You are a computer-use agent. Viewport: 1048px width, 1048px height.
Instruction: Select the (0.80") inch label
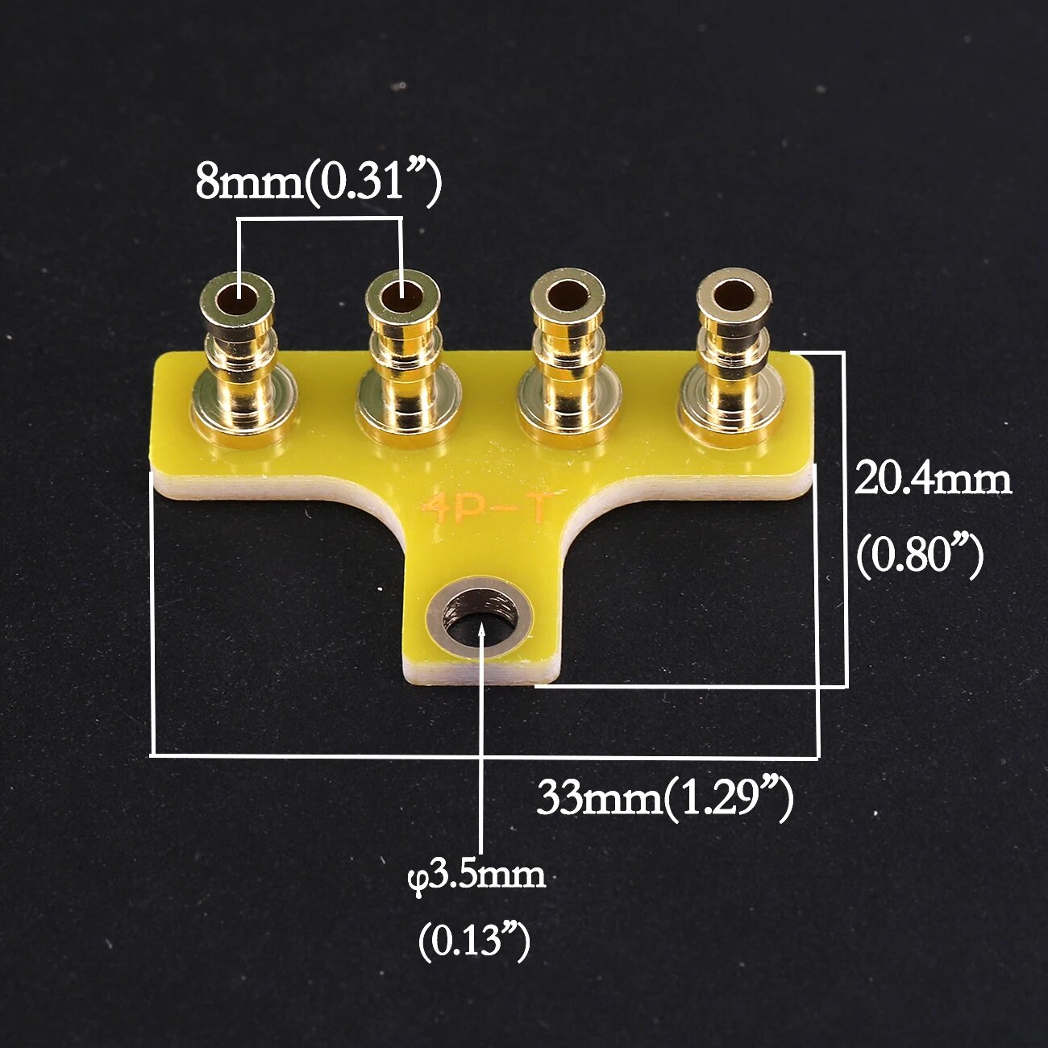coord(920,557)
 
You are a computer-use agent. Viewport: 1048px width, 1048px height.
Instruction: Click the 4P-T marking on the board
coord(487,509)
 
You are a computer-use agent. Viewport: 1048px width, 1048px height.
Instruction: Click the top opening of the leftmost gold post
coord(237,300)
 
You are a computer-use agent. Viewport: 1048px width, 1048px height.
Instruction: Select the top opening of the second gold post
coord(402,298)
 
